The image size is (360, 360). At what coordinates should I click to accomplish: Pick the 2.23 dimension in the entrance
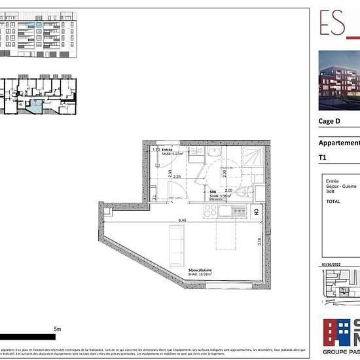coord(177,177)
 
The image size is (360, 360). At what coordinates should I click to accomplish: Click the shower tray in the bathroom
coord(251,158)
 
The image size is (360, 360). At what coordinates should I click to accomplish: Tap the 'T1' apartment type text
coord(323,158)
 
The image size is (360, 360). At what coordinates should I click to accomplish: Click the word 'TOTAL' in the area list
coord(333,202)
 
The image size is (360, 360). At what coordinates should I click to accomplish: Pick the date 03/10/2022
coord(333,264)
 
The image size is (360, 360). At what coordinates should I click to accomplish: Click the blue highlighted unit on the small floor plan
coord(37,103)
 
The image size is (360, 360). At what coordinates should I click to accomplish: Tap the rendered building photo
coord(339,81)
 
